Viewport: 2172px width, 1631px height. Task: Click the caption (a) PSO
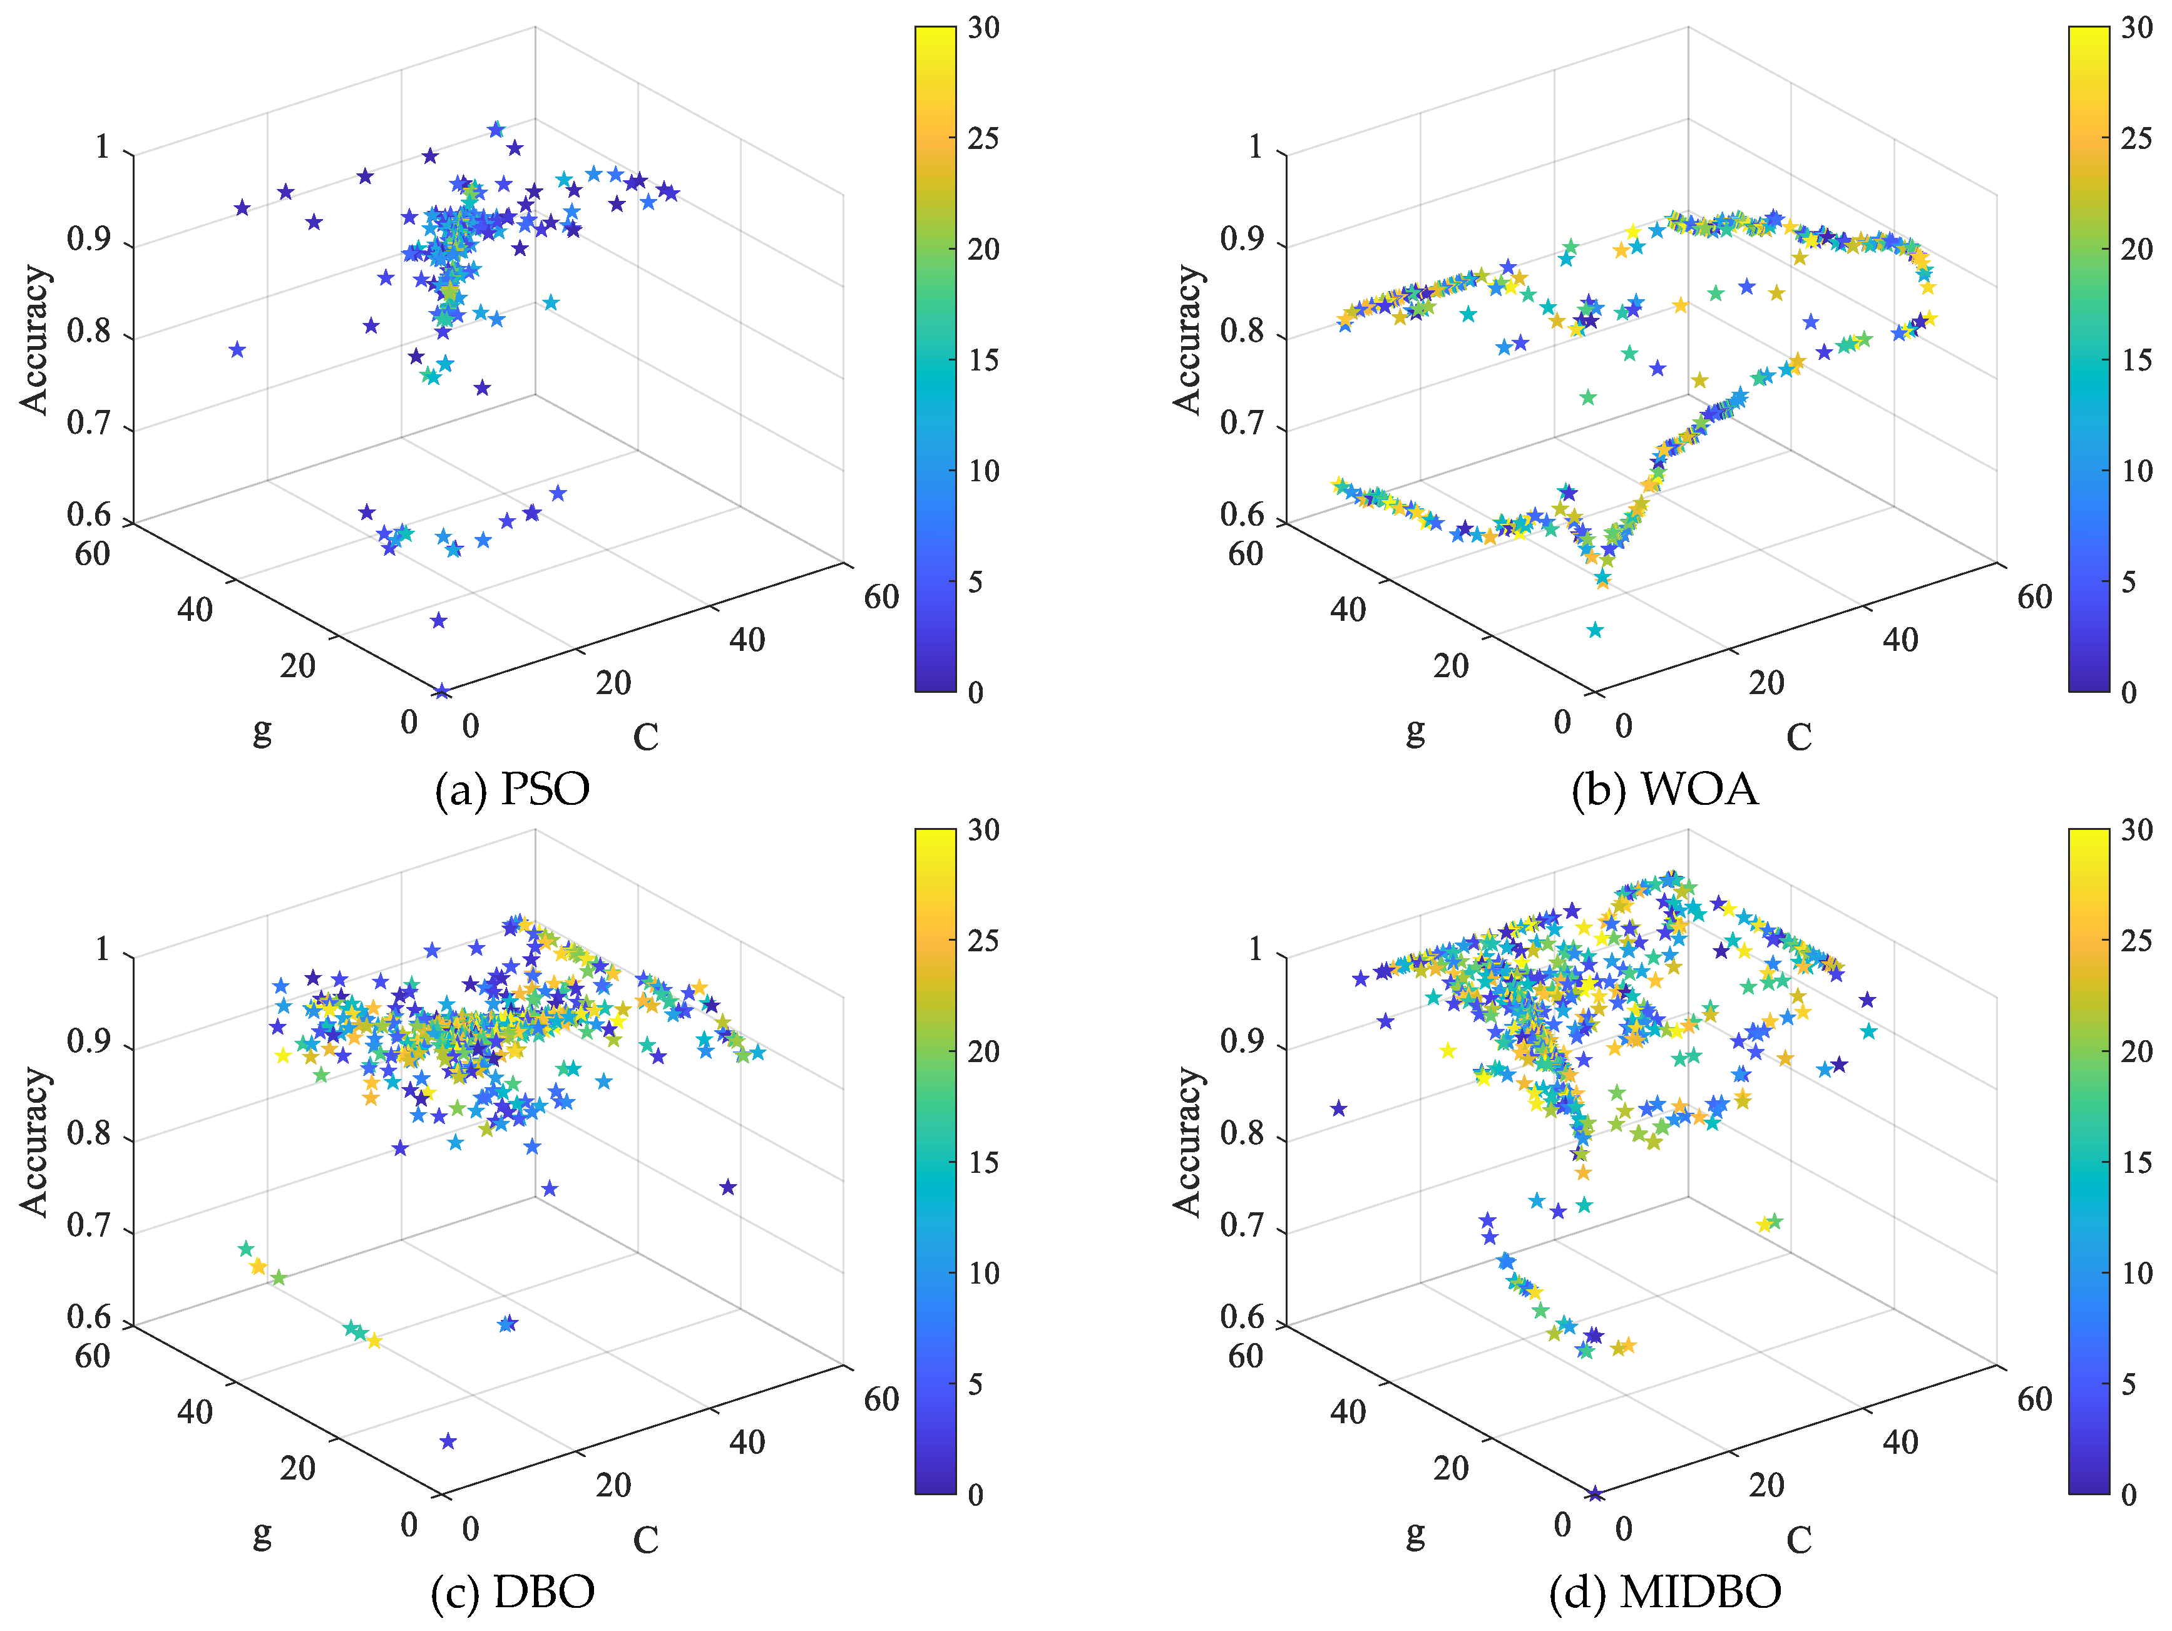pyautogui.click(x=511, y=789)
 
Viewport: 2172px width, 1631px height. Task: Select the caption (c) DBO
pyautogui.click(x=511, y=1592)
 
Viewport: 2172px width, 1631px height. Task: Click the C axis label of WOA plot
pyautogui.click(x=1798, y=737)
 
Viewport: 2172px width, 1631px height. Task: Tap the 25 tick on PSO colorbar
pyautogui.click(x=983, y=138)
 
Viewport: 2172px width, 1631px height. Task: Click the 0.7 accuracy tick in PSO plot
pyautogui.click(x=88, y=424)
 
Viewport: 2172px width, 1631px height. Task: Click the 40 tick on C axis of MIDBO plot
pyautogui.click(x=1900, y=1441)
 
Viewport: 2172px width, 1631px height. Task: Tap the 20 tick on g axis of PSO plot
pyautogui.click(x=297, y=666)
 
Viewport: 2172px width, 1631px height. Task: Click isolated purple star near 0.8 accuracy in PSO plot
pyautogui.click(x=237, y=350)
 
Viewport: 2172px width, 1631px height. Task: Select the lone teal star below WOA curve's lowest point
pyautogui.click(x=1595, y=630)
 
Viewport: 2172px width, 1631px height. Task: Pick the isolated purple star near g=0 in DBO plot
pyautogui.click(x=448, y=1441)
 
